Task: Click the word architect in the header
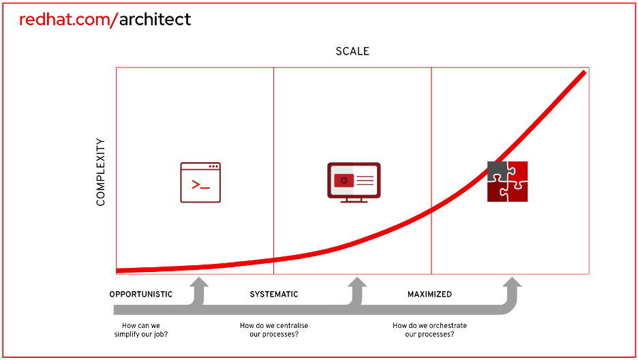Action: pyautogui.click(x=155, y=20)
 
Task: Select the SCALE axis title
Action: pyautogui.click(x=352, y=51)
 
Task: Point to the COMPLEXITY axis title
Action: pyautogui.click(x=100, y=172)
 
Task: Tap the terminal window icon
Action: pyautogui.click(x=200, y=183)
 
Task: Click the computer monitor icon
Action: pyautogui.click(x=354, y=183)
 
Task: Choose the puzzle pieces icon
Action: pyautogui.click(x=507, y=181)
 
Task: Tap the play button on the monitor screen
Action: pyautogui.click(x=344, y=180)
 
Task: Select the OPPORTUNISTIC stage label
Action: pyautogui.click(x=141, y=294)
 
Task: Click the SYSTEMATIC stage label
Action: pyautogui.click(x=274, y=294)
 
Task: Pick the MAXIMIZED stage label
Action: pyautogui.click(x=429, y=294)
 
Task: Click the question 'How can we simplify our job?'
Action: pyautogui.click(x=141, y=330)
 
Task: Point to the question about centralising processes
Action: pyautogui.click(x=274, y=330)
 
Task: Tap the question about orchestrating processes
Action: pyautogui.click(x=429, y=330)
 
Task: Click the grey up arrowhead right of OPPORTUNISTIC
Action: pyautogui.click(x=199, y=282)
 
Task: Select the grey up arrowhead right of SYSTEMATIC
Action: pyautogui.click(x=357, y=282)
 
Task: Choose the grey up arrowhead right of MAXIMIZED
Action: pyautogui.click(x=512, y=282)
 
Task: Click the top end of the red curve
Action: pyautogui.click(x=585, y=72)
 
